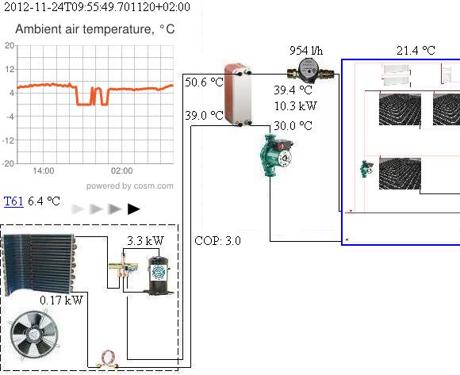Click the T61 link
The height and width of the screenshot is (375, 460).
(13, 201)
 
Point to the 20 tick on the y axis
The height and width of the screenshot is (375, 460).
(9, 45)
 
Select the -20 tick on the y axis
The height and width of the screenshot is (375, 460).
(7, 163)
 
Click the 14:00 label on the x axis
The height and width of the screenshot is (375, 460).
(43, 171)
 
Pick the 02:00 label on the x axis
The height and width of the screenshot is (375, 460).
(122, 171)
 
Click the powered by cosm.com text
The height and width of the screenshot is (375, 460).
(130, 186)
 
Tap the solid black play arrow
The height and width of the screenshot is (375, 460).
(133, 209)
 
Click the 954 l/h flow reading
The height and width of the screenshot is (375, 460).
(306, 50)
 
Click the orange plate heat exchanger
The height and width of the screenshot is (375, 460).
(236, 94)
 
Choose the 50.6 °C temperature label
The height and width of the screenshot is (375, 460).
(204, 82)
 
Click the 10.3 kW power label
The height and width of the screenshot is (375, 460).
(295, 105)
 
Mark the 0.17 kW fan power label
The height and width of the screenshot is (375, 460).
(61, 300)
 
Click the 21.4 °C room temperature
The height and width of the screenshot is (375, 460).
(416, 50)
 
